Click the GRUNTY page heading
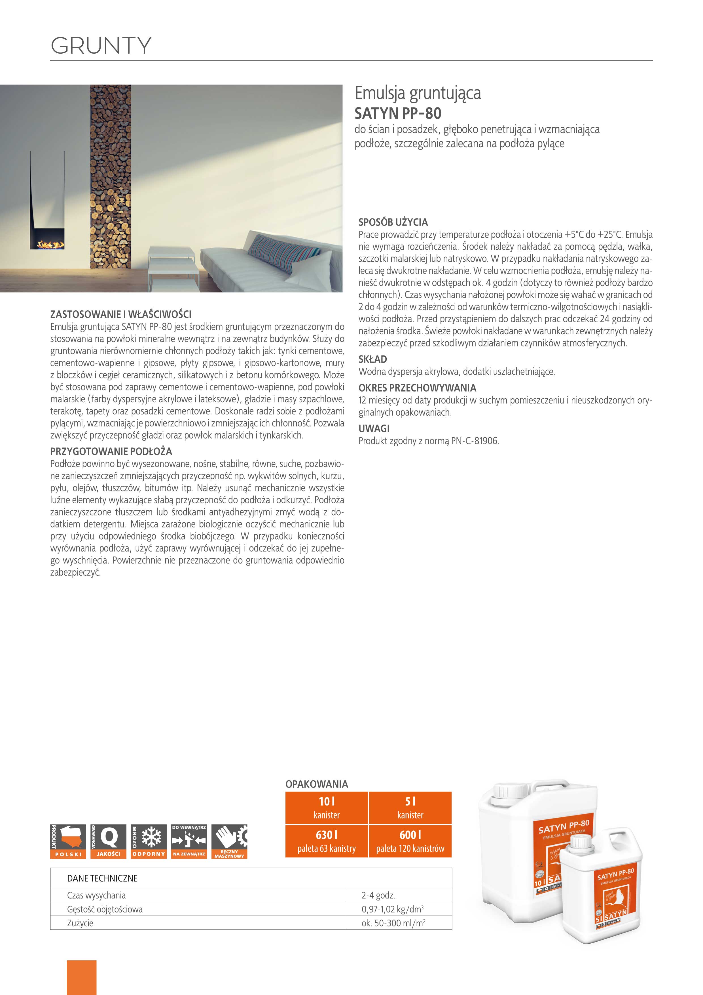click(x=101, y=45)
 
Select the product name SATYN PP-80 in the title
click(x=398, y=113)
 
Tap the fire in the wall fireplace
click(x=50, y=245)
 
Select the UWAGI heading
click(x=374, y=429)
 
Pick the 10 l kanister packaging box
click(x=326, y=808)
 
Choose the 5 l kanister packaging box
click(x=410, y=808)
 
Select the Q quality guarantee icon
click(x=109, y=841)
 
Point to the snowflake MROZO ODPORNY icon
click(x=149, y=841)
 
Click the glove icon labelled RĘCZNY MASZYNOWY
click(x=229, y=841)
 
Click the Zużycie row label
click(x=80, y=923)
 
